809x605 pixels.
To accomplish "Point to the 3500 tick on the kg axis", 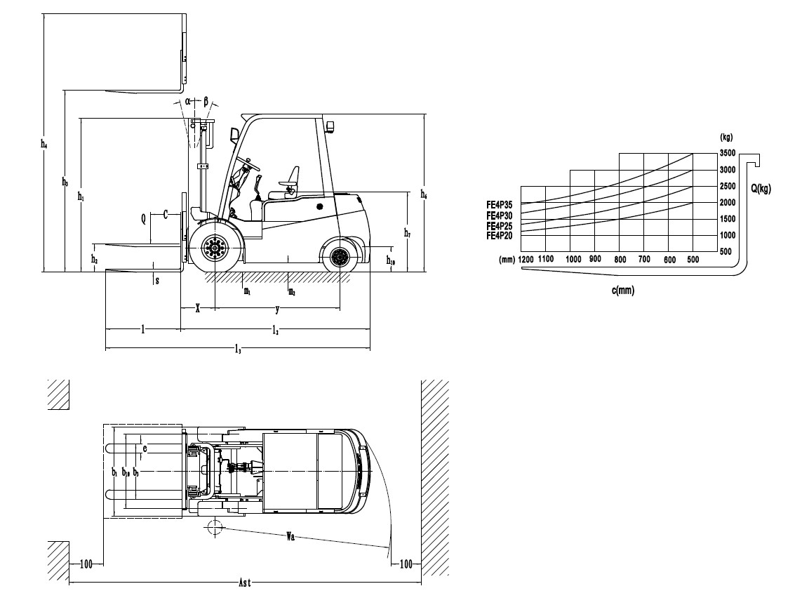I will (x=727, y=154).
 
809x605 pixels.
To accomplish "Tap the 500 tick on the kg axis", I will (x=727, y=252).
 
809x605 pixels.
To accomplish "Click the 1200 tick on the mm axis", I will (x=526, y=260).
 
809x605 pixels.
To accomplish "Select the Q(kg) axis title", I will (x=761, y=188).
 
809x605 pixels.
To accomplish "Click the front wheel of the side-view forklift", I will (x=215, y=246).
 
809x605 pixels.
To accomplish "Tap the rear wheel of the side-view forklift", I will (x=340, y=257).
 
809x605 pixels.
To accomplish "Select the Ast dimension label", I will (x=245, y=583).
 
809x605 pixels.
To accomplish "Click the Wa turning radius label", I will (x=290, y=537).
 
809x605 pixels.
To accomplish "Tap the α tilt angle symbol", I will (x=189, y=101).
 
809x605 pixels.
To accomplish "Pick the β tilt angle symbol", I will (x=206, y=101).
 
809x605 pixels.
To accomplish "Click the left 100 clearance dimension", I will (x=86, y=564).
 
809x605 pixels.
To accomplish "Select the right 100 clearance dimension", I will (x=405, y=564).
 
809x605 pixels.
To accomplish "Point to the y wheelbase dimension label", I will (x=277, y=309).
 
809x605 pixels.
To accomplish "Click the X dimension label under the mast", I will (x=198, y=309).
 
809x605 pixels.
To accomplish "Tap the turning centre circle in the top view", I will (x=215, y=526).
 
